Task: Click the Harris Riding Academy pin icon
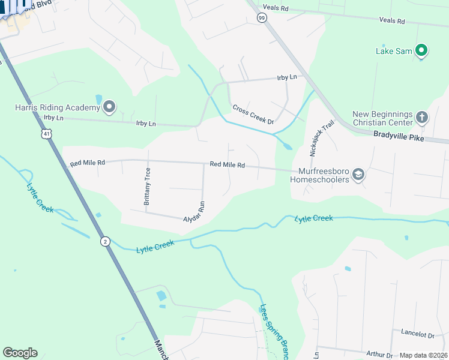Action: [109, 107]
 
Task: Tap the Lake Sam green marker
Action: [421, 50]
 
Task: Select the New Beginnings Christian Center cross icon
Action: [422, 116]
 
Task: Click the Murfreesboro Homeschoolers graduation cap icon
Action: [358, 175]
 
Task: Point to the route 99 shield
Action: [262, 19]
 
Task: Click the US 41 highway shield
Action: [46, 133]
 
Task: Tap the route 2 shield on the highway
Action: [105, 241]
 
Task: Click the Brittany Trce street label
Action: [147, 186]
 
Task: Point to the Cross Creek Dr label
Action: [253, 115]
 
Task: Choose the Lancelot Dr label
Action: [413, 334]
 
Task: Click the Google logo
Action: [20, 353]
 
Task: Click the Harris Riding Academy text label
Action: [57, 107]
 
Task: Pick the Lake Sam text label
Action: [394, 51]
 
